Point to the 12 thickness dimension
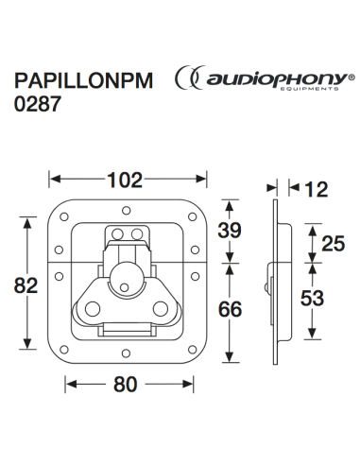click(x=317, y=189)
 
